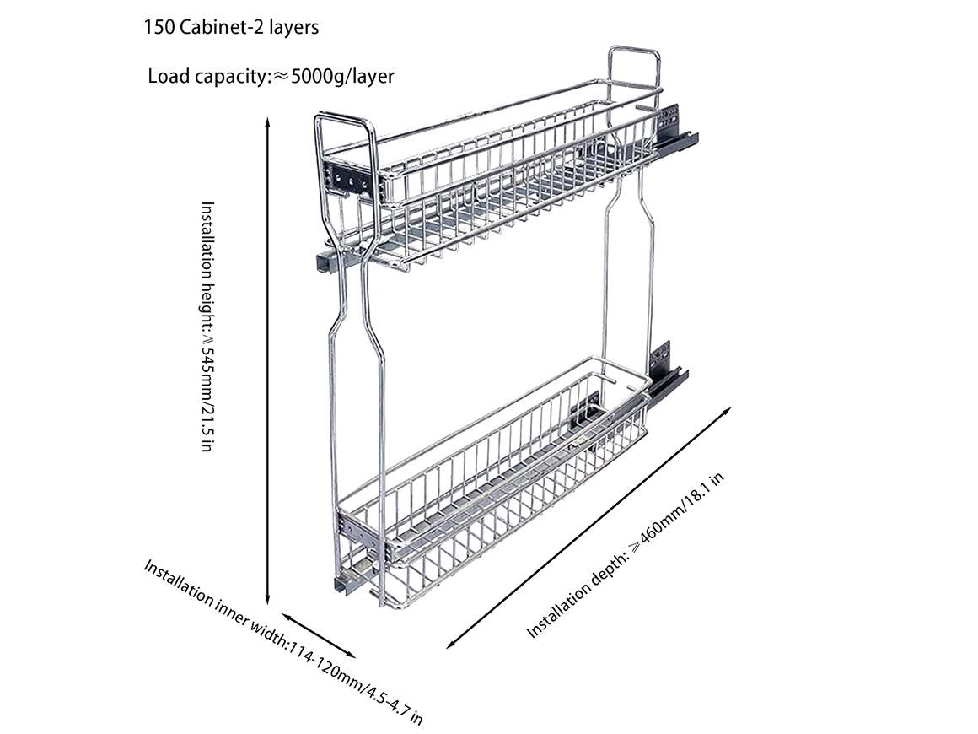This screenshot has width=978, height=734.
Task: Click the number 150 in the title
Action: point(160,27)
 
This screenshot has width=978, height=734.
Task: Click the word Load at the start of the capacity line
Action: point(167,77)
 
